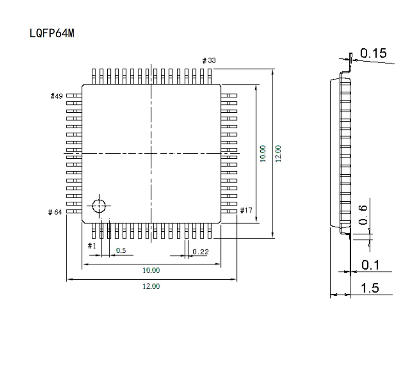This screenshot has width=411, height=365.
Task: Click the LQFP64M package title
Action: [x=51, y=34]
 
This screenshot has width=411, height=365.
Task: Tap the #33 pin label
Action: [x=209, y=60]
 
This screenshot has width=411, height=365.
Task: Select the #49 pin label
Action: [x=56, y=96]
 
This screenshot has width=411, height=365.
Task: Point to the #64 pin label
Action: [x=55, y=212]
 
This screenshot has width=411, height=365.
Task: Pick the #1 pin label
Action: [x=92, y=245]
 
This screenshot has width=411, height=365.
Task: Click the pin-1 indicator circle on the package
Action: [x=99, y=206]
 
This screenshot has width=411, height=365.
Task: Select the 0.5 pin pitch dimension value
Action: [x=121, y=250]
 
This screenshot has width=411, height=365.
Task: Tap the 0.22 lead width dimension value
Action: [x=200, y=251]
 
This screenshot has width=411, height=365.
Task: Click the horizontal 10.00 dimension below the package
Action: [x=151, y=270]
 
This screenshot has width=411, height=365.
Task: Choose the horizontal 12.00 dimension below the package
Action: [x=151, y=286]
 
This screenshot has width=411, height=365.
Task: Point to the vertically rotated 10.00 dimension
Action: [x=262, y=153]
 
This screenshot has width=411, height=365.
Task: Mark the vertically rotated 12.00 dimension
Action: [x=278, y=153]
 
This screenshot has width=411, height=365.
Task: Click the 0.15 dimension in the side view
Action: [x=373, y=53]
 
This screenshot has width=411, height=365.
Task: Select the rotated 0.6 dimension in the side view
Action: [x=364, y=214]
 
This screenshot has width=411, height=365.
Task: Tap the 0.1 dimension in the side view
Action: [x=369, y=265]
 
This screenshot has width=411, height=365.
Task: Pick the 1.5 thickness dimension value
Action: [x=369, y=288]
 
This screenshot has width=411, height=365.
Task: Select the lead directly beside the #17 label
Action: [x=229, y=211]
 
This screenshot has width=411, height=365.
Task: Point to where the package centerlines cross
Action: [x=151, y=153]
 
